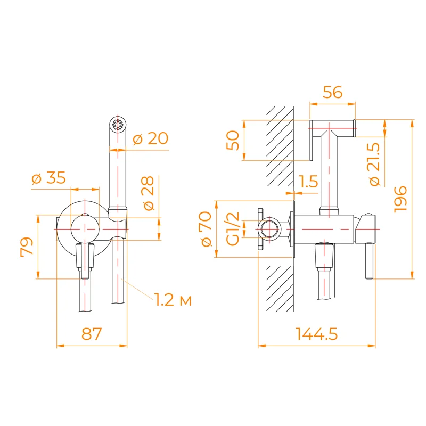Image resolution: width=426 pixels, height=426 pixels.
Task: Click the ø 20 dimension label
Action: point(150,139)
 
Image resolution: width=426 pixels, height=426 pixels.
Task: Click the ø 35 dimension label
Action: point(48,178)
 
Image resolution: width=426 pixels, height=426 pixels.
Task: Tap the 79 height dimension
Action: point(27,246)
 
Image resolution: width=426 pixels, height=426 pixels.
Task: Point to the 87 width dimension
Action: point(91,334)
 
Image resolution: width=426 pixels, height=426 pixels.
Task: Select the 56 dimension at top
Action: point(333,92)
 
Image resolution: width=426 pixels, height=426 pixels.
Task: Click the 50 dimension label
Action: point(233,141)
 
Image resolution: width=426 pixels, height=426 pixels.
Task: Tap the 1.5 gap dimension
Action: point(309,182)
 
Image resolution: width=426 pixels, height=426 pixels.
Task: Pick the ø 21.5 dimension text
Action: point(374,164)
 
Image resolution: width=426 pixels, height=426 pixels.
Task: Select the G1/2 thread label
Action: point(233,229)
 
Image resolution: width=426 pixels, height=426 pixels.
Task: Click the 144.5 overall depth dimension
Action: point(317,334)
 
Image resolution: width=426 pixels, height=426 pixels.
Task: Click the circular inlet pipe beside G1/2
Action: point(270,230)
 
